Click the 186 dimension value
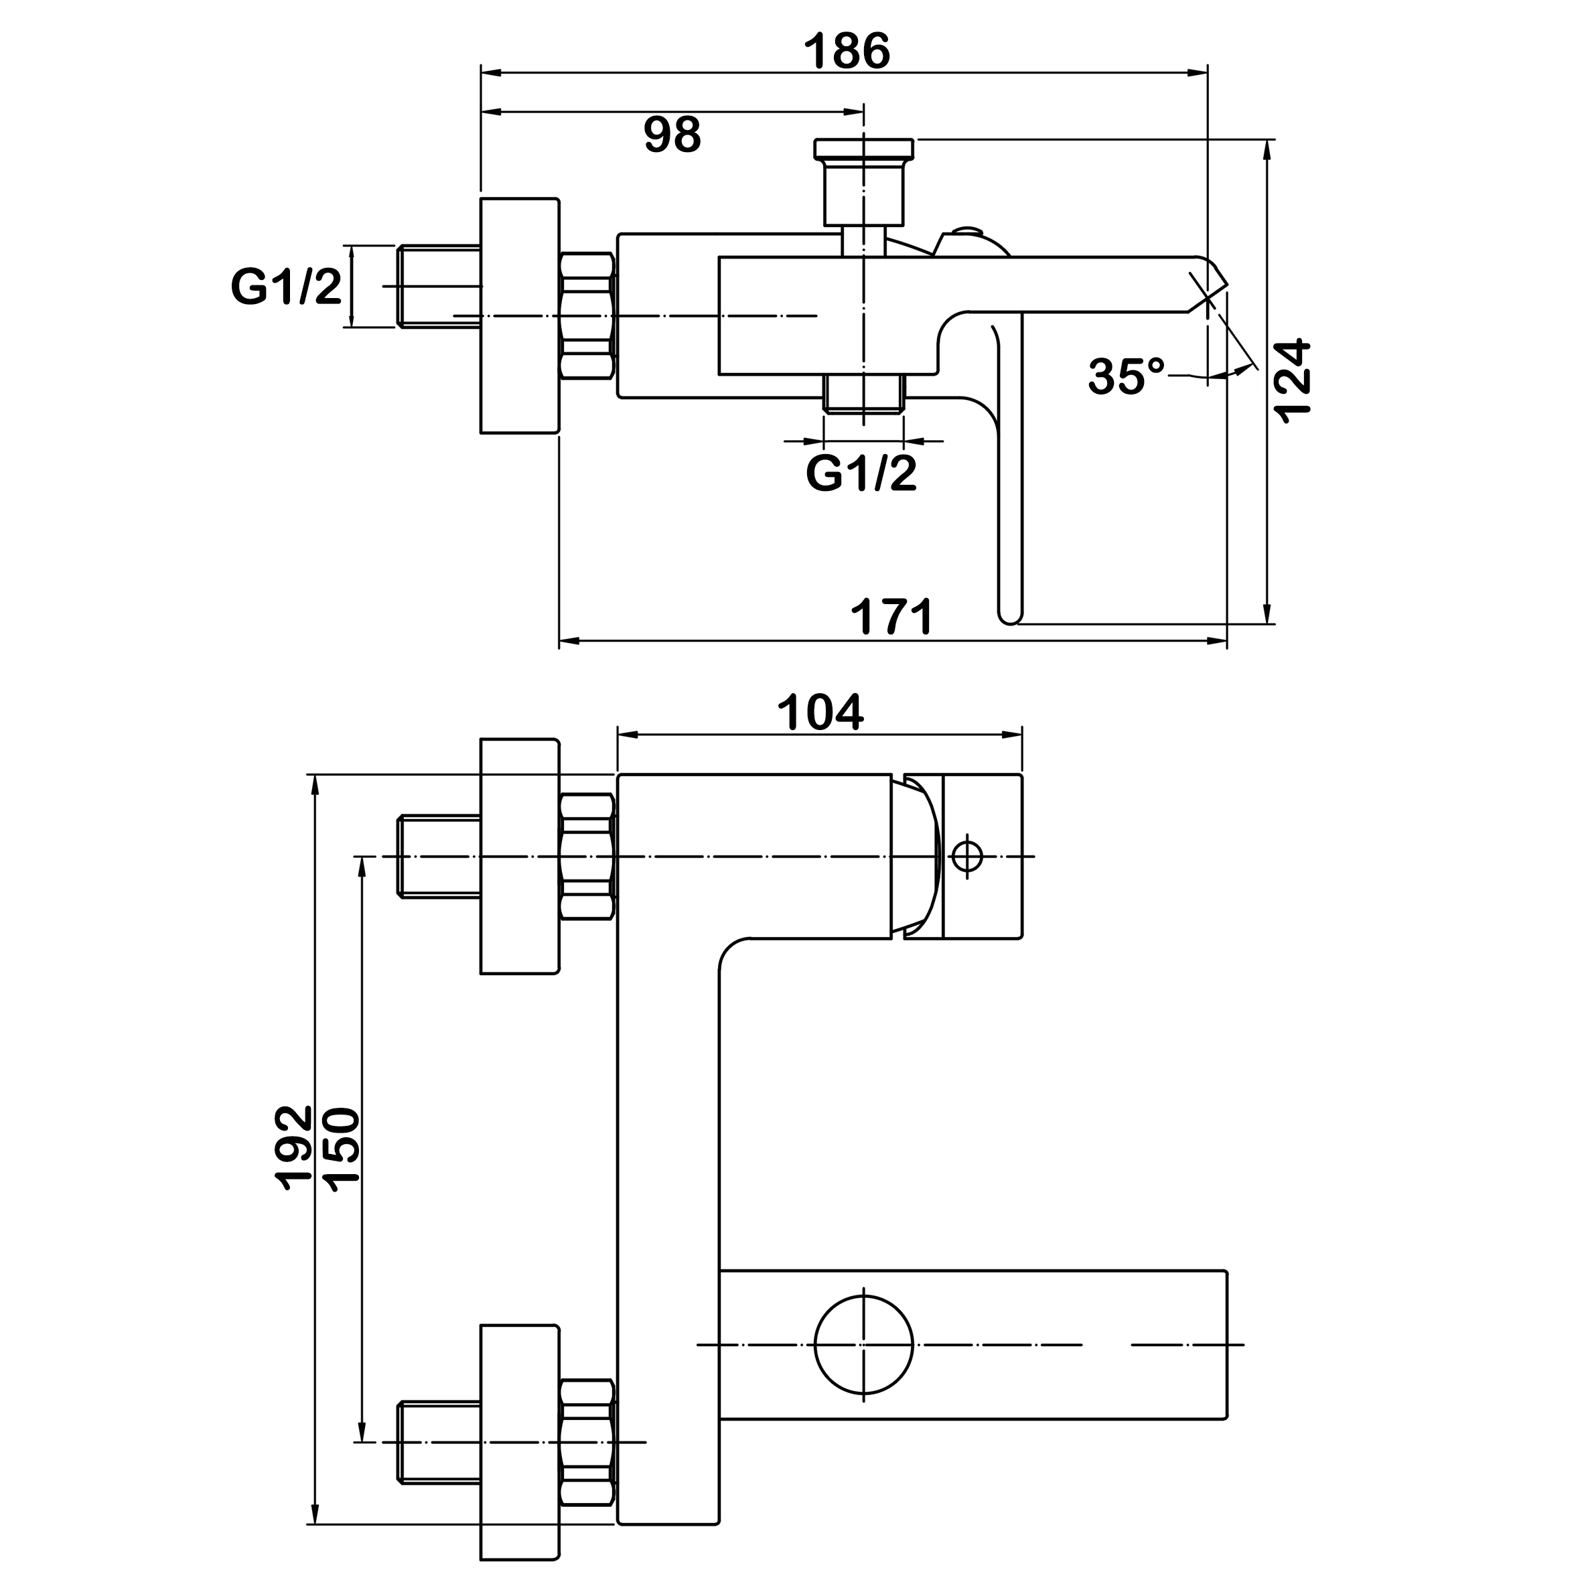pyautogui.click(x=846, y=52)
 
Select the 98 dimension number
pyautogui.click(x=672, y=135)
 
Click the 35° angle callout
pyautogui.click(x=1126, y=376)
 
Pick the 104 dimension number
pyautogui.click(x=820, y=713)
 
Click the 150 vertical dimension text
pyautogui.click(x=342, y=1145)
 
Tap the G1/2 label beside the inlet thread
pyautogui.click(x=287, y=287)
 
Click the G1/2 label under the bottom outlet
pyautogui.click(x=861, y=474)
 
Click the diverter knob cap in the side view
pyautogui.click(x=863, y=148)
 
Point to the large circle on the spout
pyautogui.click(x=864, y=1344)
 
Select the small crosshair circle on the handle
pyautogui.click(x=967, y=857)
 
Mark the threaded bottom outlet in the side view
pyautogui.click(x=864, y=394)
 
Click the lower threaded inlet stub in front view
pyautogui.click(x=439, y=1442)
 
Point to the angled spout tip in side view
pyautogui.click(x=1208, y=283)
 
